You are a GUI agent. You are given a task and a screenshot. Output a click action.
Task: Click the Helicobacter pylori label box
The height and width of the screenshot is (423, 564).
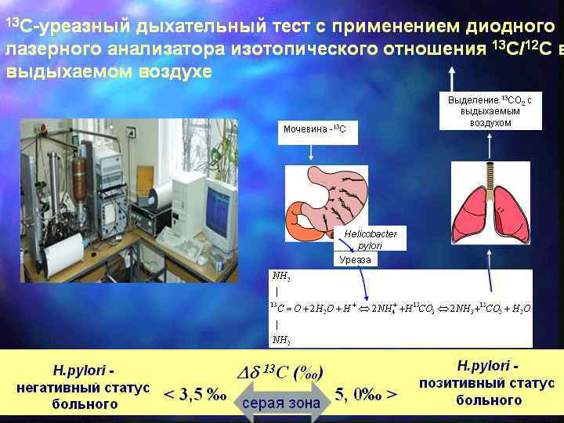point(371,239)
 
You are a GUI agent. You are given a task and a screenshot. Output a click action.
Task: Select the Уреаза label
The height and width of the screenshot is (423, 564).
point(355,259)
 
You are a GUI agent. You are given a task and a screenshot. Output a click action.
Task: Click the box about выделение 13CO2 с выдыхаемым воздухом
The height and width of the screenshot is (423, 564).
point(490,111)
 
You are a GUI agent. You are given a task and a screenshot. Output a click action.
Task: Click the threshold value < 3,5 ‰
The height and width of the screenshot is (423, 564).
point(194,395)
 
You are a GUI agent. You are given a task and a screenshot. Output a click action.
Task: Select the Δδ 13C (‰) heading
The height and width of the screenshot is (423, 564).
point(281,371)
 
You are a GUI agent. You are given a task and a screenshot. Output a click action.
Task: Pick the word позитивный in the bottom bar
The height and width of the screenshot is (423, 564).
point(486,384)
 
